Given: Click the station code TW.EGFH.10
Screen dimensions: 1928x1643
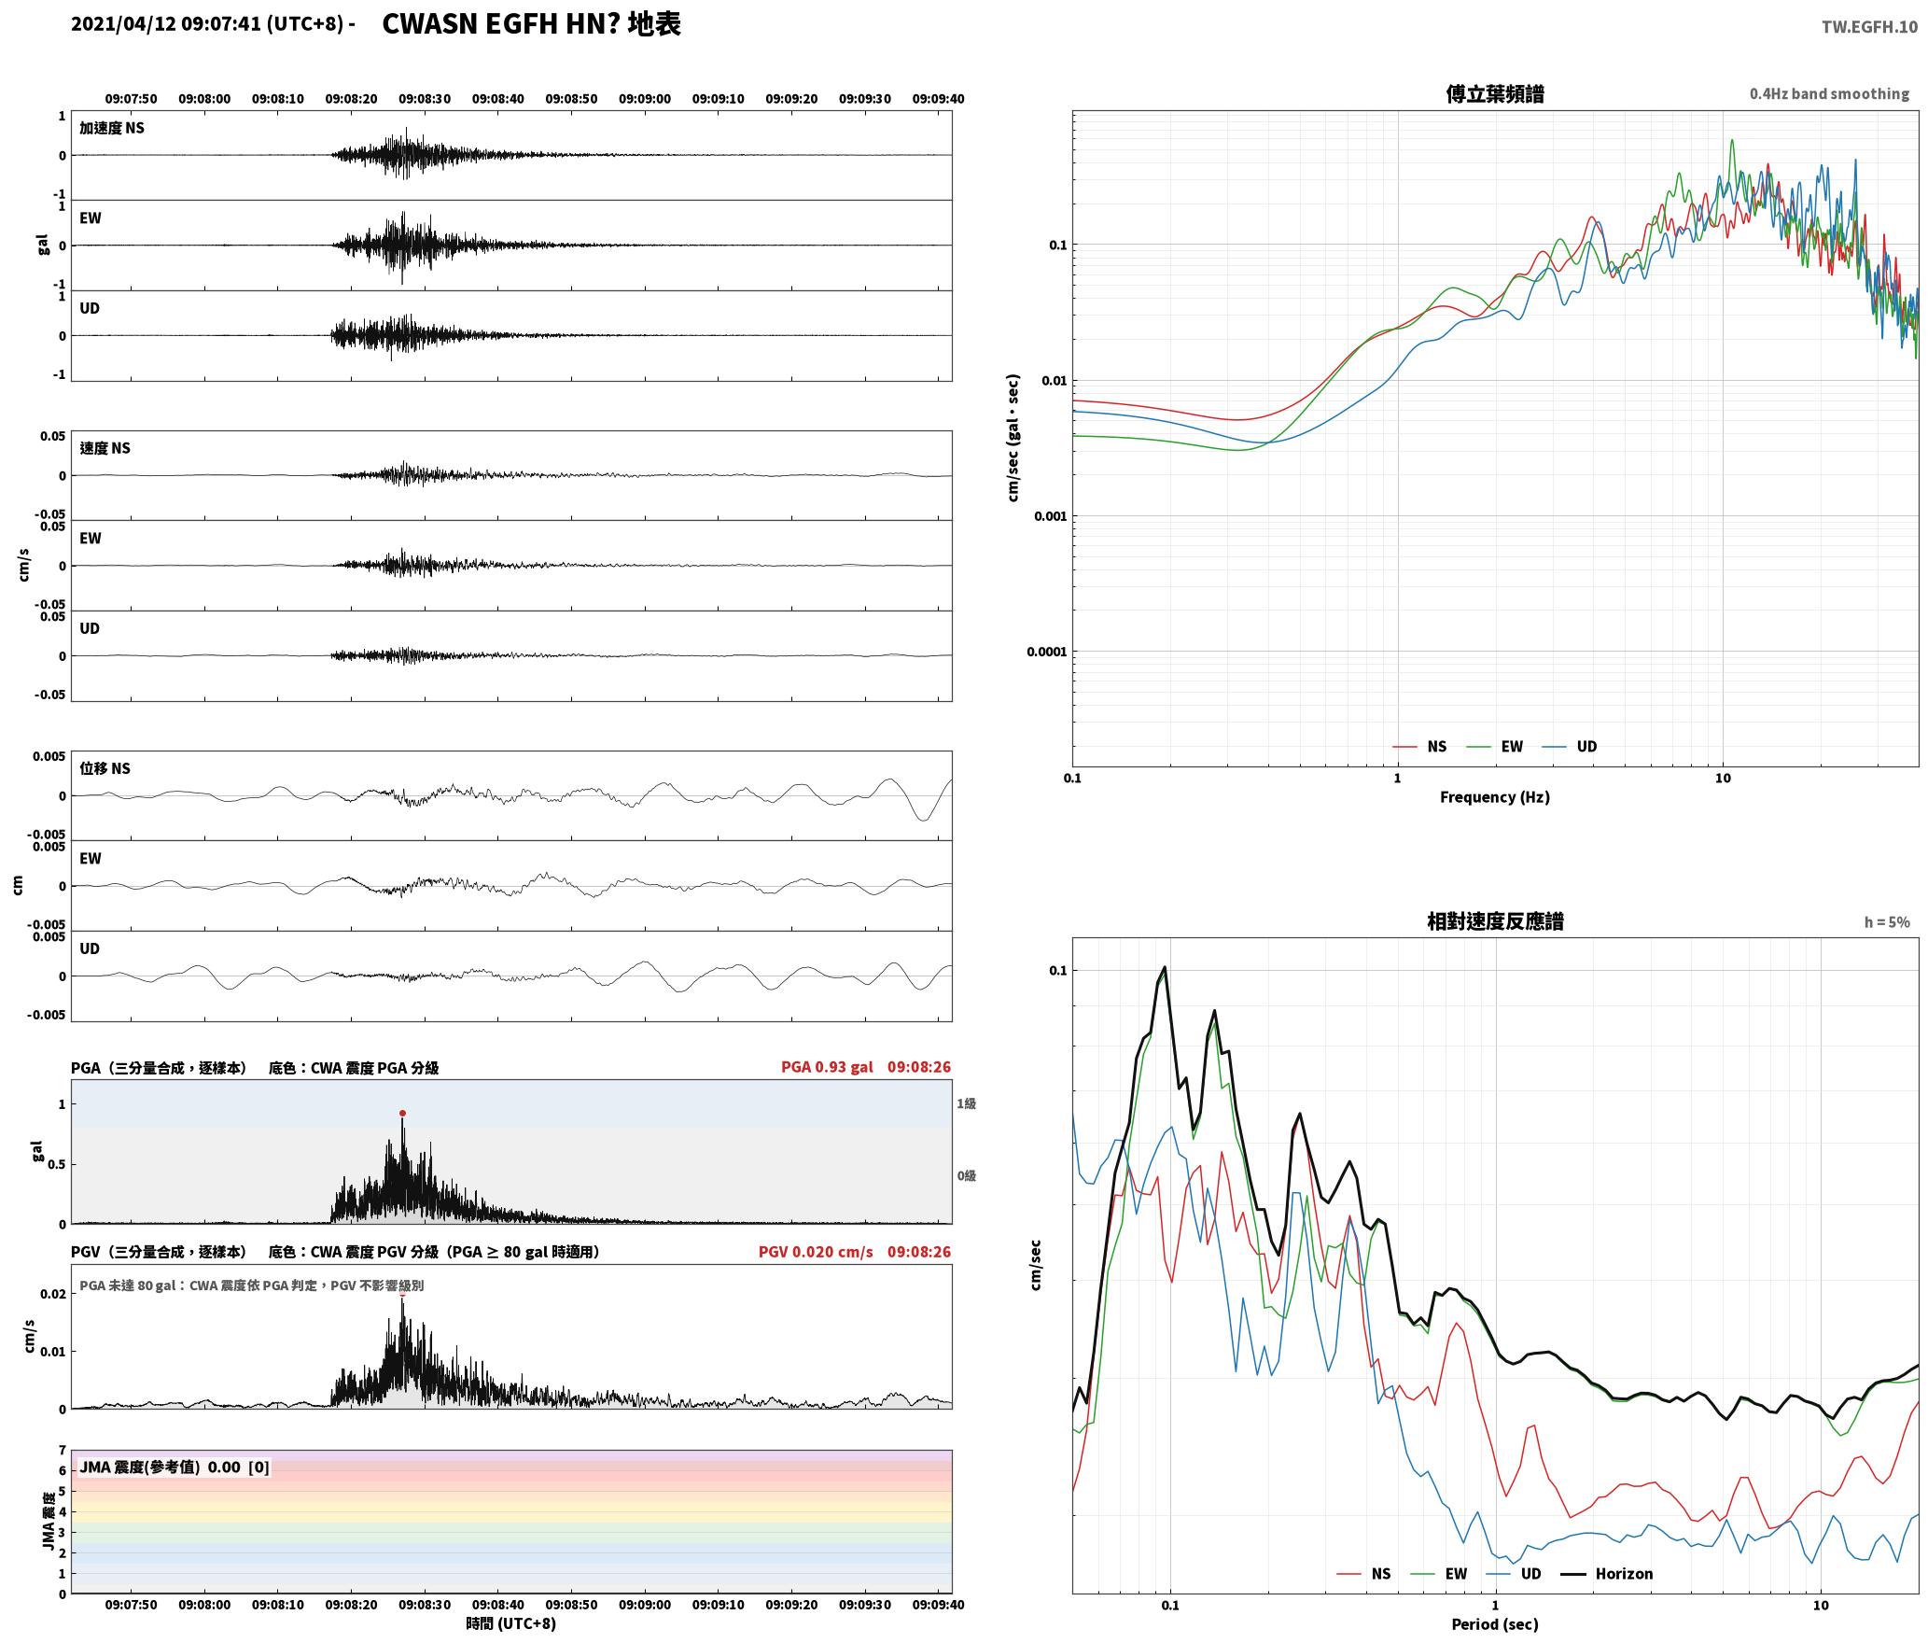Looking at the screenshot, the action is (1869, 26).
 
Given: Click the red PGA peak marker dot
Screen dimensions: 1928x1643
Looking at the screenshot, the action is (402, 1113).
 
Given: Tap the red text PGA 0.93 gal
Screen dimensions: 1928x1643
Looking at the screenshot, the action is (827, 1066).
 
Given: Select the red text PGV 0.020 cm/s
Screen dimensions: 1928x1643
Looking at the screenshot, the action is (816, 1251).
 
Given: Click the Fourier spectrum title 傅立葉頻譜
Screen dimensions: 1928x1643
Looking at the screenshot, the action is (1494, 93).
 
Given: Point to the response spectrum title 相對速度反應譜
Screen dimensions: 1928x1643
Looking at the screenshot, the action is (1495, 921).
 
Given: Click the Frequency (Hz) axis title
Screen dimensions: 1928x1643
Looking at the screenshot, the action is (1494, 796).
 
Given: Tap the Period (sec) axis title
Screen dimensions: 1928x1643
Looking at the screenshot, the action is (1494, 1623).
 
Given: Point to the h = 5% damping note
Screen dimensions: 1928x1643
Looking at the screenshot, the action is (1887, 921).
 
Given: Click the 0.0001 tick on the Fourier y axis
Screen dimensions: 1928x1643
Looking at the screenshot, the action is (1046, 652).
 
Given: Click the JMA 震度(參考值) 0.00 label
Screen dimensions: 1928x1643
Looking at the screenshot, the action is (174, 1467).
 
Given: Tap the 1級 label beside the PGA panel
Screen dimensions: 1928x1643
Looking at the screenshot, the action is (966, 1103).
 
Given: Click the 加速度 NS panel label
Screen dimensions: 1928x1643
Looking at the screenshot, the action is (112, 128).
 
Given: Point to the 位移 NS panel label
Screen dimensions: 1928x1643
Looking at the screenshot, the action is (105, 768).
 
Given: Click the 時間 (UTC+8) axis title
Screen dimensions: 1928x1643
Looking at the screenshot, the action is (511, 1623).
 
